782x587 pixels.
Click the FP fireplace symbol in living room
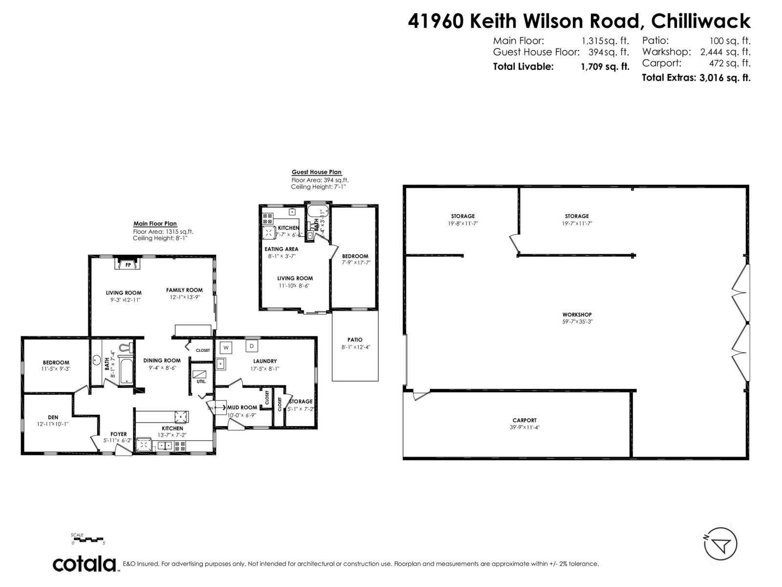coord(129,265)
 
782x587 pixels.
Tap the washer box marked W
coord(226,348)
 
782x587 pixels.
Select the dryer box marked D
coord(252,346)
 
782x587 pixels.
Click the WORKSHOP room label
coord(577,315)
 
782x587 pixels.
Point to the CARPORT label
coord(524,420)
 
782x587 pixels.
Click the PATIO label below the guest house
coord(355,339)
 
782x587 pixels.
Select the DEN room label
coord(53,417)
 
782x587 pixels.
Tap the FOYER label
coord(118,434)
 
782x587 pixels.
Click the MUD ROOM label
coord(242,407)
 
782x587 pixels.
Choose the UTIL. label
coord(201,382)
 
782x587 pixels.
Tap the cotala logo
coord(85,564)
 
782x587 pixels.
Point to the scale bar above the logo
coord(88,540)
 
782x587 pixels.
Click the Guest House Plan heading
coord(317,172)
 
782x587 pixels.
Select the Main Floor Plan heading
coord(155,224)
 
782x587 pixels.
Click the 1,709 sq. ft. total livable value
coord(605,67)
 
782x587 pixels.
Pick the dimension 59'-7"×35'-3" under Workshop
coord(577,322)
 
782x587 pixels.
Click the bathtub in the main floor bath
coord(125,370)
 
